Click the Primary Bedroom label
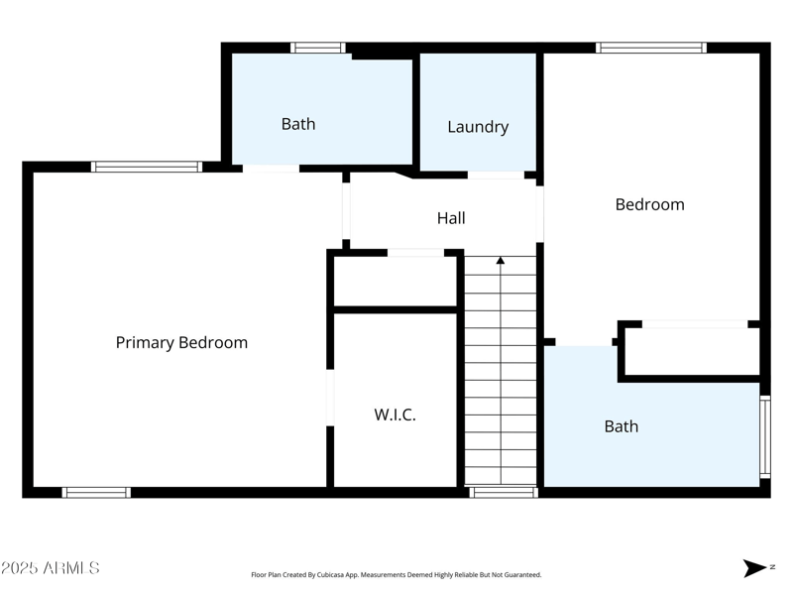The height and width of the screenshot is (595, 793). pyautogui.click(x=181, y=343)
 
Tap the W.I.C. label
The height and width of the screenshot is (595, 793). pyautogui.click(x=395, y=416)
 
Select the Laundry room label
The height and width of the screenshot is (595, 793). pyautogui.click(x=478, y=127)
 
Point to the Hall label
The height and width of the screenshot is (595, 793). pyautogui.click(x=451, y=218)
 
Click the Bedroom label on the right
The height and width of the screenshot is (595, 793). pyautogui.click(x=649, y=205)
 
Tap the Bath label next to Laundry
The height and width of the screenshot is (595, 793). pyautogui.click(x=298, y=124)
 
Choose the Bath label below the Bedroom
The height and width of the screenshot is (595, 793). pyautogui.click(x=622, y=426)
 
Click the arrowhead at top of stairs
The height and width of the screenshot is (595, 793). pyautogui.click(x=501, y=261)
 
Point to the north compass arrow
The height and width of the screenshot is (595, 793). pyautogui.click(x=755, y=568)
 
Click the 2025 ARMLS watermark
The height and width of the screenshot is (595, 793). pyautogui.click(x=51, y=568)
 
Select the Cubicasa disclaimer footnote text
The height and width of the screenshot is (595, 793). pyautogui.click(x=396, y=575)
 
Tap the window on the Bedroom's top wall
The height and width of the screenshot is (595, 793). pyautogui.click(x=650, y=48)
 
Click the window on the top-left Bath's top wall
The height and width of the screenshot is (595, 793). pyautogui.click(x=317, y=48)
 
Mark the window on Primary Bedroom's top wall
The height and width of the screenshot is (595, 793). pyautogui.click(x=147, y=167)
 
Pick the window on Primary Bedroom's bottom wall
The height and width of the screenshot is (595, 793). pyautogui.click(x=96, y=492)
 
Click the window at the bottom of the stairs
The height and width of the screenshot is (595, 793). pyautogui.click(x=503, y=492)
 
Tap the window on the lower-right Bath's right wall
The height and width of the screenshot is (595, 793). pyautogui.click(x=764, y=436)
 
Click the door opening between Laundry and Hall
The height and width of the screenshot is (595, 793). pyautogui.click(x=496, y=176)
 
